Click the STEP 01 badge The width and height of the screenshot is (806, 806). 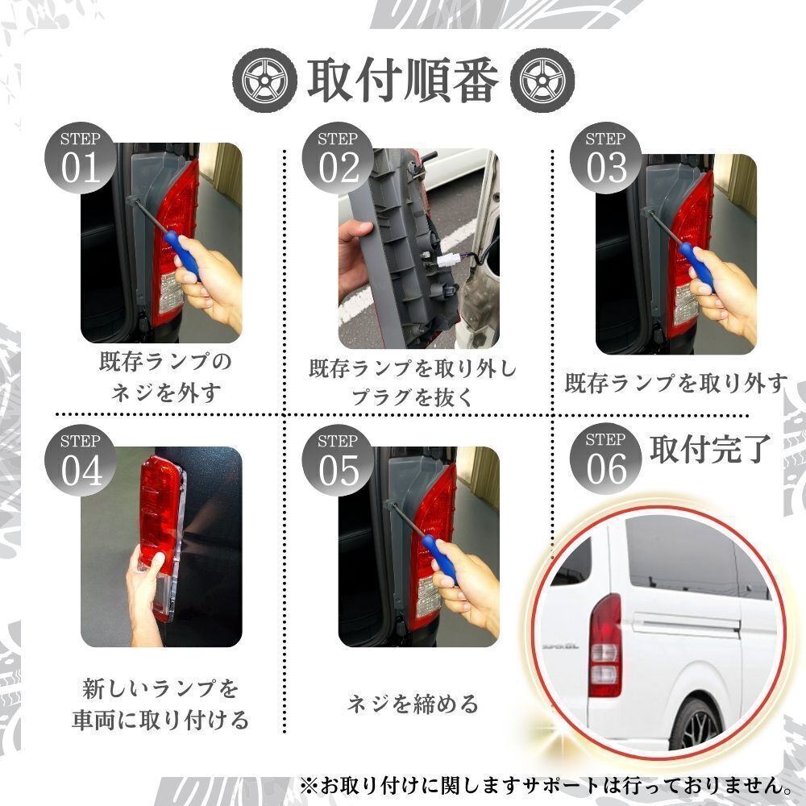click(80, 158)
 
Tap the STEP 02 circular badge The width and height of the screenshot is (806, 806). click(338, 158)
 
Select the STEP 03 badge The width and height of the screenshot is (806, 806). click(605, 158)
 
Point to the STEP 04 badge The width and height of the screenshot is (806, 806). click(80, 460)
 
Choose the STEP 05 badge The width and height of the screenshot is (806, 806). click(338, 460)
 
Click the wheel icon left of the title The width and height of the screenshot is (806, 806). click(264, 80)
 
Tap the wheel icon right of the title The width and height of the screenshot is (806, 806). click(542, 80)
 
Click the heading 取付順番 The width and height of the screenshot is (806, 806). click(404, 80)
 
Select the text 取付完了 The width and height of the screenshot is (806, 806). click(710, 448)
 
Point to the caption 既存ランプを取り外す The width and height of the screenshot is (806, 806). click(676, 383)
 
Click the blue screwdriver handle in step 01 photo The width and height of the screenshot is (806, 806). click(181, 256)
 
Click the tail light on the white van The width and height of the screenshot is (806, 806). click(605, 646)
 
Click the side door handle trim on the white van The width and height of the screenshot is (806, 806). click(686, 624)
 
